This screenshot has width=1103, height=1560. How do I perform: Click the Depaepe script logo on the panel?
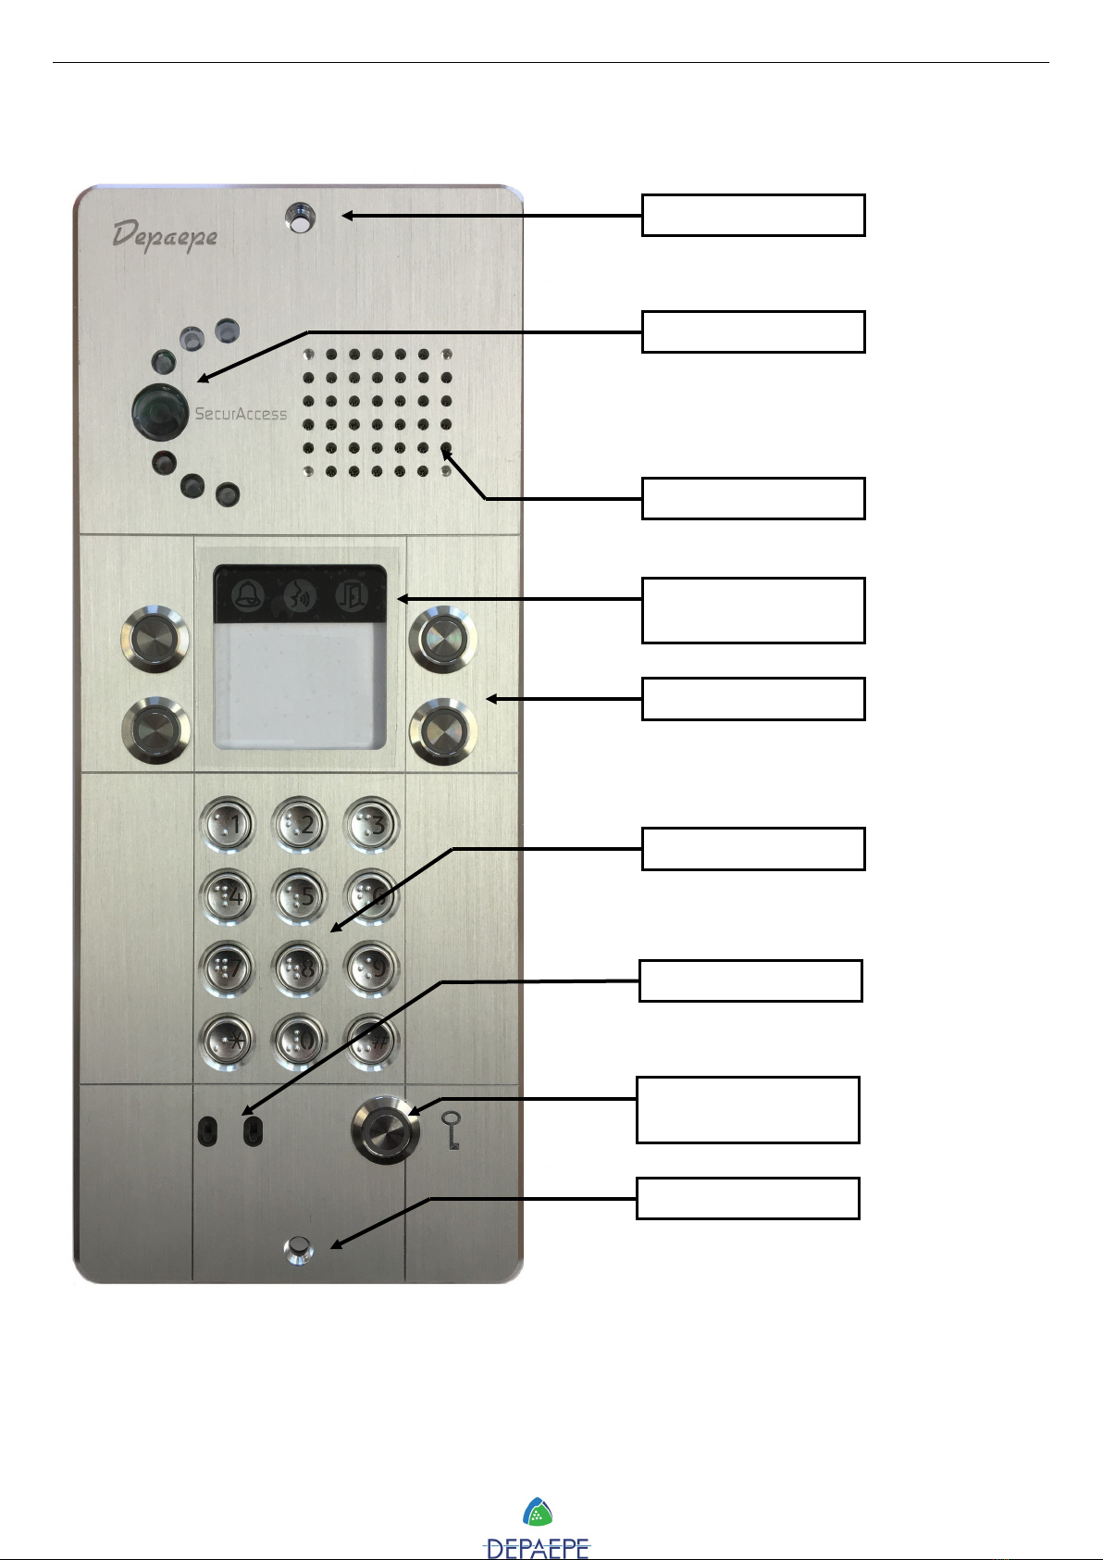pos(165,235)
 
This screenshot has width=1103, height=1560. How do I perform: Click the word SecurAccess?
pos(241,414)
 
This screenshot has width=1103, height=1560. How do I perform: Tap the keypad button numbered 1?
pos(227,823)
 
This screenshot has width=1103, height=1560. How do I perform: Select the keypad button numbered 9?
pos(372,968)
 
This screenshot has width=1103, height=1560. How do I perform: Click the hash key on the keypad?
pos(372,1041)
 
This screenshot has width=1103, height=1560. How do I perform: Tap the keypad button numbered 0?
pos(300,1041)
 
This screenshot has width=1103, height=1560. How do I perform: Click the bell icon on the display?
pos(248,595)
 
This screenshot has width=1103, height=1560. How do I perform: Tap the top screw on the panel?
pos(300,219)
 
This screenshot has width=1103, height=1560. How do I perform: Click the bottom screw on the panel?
pos(298,1251)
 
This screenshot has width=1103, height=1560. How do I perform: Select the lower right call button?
pos(443,731)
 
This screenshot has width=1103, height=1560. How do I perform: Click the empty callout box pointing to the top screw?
pos(753,215)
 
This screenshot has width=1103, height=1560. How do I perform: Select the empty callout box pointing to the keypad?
pos(753,848)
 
